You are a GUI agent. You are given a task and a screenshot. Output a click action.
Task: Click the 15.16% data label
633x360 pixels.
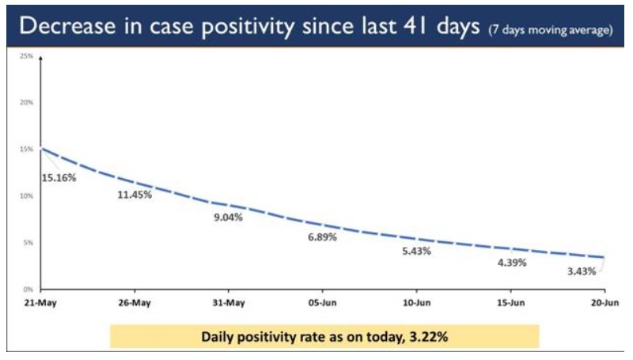pyautogui.click(x=59, y=177)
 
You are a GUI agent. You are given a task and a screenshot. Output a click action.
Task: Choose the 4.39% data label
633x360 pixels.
pyautogui.click(x=510, y=262)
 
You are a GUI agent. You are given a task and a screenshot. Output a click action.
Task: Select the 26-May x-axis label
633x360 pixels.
pyautogui.click(x=134, y=302)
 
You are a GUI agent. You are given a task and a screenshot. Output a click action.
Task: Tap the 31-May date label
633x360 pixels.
pyautogui.click(x=228, y=302)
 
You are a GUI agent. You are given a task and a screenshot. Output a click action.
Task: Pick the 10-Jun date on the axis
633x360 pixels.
pyautogui.click(x=416, y=302)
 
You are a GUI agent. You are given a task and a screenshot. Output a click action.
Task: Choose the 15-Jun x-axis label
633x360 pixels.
pyautogui.click(x=510, y=302)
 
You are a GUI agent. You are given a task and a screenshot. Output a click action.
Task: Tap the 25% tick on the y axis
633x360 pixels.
pyautogui.click(x=26, y=56)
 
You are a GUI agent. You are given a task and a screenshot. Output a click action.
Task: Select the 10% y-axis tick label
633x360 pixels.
pyautogui.click(x=26, y=195)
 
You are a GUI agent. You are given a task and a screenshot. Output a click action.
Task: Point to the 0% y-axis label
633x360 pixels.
pyautogui.click(x=28, y=289)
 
